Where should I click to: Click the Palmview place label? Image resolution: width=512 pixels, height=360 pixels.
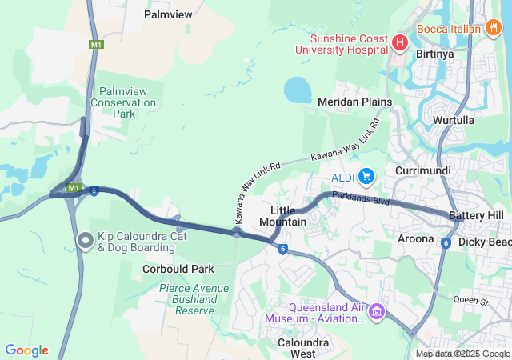(168, 14)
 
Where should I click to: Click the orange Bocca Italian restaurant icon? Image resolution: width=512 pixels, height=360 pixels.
(494, 29)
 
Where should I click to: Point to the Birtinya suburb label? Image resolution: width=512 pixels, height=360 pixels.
(435, 54)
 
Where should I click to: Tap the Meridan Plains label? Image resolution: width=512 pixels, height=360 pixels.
(354, 102)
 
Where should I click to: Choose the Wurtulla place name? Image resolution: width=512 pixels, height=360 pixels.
(454, 120)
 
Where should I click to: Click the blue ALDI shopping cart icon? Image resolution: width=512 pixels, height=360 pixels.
(367, 174)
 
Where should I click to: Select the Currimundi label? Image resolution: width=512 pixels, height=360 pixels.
(423, 171)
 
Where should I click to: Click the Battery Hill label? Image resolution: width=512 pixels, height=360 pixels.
(476, 216)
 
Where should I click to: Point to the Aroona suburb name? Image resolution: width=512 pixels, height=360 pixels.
(415, 238)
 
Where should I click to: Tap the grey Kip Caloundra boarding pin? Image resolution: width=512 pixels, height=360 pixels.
(86, 239)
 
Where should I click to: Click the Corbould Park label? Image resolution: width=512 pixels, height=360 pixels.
(178, 270)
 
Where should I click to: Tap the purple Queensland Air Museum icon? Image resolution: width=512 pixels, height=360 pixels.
(377, 311)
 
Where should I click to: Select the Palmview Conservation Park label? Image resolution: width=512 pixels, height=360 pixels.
(123, 103)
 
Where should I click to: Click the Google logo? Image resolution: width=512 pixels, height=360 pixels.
(26, 350)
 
